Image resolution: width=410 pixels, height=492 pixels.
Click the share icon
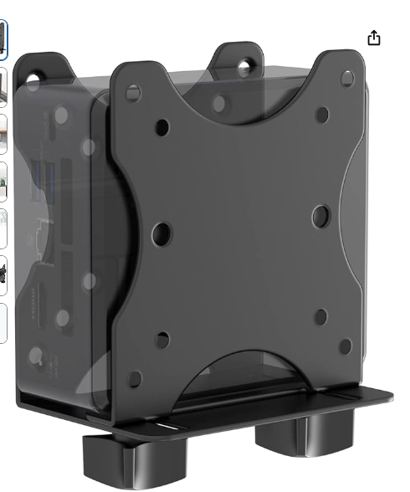pos(374,38)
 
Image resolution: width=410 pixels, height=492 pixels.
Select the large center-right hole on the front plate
pos(320,218)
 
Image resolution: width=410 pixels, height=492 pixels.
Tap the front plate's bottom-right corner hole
pos(343,345)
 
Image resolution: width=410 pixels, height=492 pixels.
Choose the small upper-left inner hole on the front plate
pos(162,127)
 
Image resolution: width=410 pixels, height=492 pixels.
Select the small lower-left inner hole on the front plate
pos(162,340)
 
